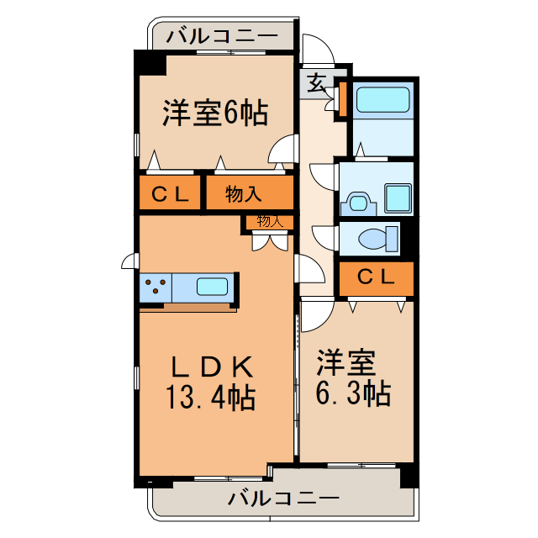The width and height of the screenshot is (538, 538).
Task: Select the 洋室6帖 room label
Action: (x=215, y=113)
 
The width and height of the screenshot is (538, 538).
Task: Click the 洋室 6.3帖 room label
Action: (x=353, y=380)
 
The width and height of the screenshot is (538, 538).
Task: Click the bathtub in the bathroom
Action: (x=382, y=100)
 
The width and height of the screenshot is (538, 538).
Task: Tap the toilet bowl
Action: (x=377, y=239)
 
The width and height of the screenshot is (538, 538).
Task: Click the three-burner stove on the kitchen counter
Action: (x=156, y=287)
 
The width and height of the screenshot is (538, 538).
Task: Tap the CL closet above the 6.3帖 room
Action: (x=376, y=277)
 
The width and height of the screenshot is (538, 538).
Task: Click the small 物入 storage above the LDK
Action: (x=269, y=222)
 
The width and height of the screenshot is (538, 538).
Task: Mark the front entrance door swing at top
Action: (x=318, y=50)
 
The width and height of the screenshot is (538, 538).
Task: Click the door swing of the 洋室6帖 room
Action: (x=284, y=150)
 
